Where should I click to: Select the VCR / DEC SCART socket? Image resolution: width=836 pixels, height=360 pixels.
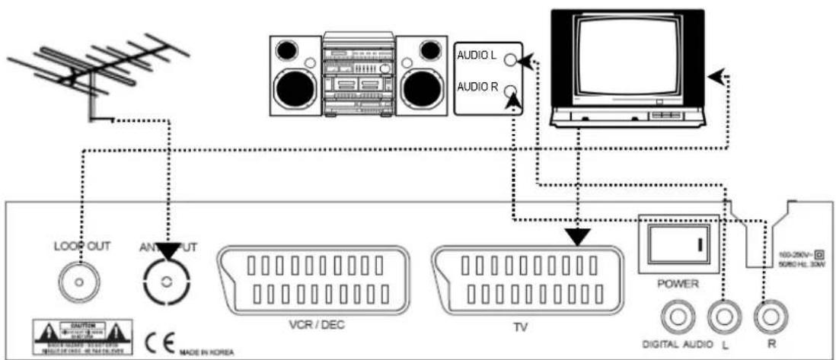coord(314,280)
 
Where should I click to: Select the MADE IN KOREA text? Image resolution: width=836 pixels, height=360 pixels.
coord(207,350)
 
